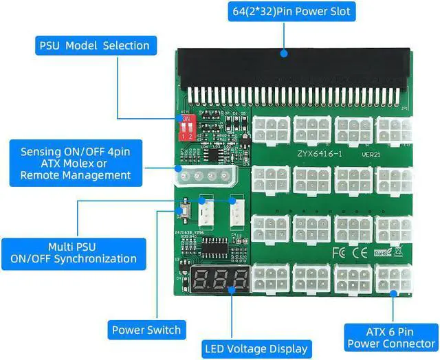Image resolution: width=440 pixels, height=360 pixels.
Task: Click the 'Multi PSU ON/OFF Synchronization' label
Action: (73, 252)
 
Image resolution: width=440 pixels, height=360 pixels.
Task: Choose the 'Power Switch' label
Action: (146, 330)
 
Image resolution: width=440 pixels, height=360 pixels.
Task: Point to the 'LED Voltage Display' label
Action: (255, 349)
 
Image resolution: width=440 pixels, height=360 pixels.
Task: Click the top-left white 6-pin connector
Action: (271, 129)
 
